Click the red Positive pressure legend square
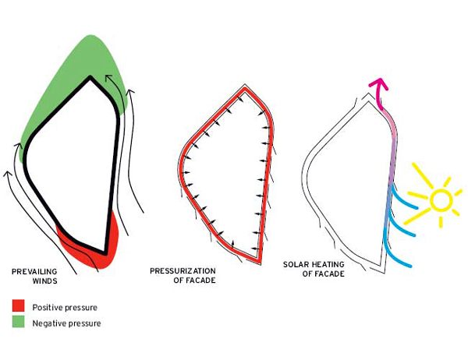click(18, 305)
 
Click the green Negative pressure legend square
click(18, 322)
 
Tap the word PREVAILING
click(34, 272)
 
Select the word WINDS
click(44, 281)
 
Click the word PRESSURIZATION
click(183, 271)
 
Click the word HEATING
click(328, 264)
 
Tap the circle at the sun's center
click(441, 199)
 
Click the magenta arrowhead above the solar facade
click(379, 83)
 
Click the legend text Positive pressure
click(65, 308)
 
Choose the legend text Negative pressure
click(66, 323)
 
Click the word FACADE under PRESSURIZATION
click(200, 281)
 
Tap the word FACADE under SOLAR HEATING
click(329, 274)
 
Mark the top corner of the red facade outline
click(245, 88)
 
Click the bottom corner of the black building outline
click(105, 253)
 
